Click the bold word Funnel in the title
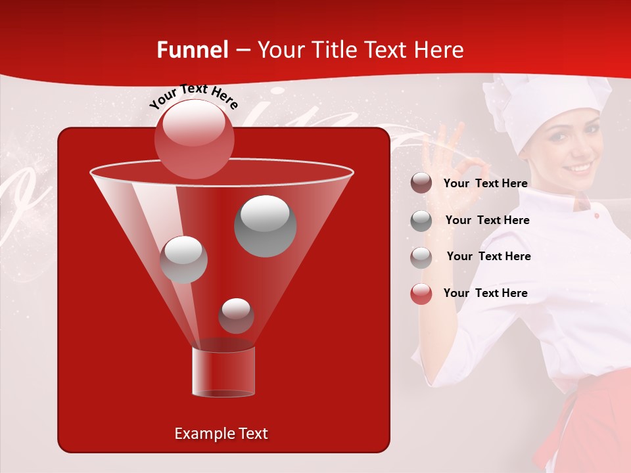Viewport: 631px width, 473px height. (x=192, y=50)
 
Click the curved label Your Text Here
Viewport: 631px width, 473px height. (x=194, y=97)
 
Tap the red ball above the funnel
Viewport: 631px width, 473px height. (x=194, y=139)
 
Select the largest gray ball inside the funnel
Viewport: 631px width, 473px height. (x=265, y=225)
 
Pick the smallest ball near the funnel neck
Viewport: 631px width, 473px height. (x=236, y=315)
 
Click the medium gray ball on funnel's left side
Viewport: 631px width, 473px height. (x=183, y=259)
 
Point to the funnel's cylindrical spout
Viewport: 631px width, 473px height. (x=223, y=372)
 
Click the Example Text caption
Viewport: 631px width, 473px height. (x=222, y=434)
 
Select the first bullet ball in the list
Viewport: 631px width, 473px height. (x=421, y=183)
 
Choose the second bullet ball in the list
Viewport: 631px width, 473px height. (x=421, y=221)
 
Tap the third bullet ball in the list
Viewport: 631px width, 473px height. (x=421, y=257)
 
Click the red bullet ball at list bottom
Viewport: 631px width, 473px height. (x=421, y=294)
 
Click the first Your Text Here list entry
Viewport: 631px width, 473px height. (x=485, y=184)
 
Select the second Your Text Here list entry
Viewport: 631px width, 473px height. (x=487, y=220)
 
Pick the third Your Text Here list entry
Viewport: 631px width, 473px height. (x=488, y=256)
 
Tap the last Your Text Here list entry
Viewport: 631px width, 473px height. (x=485, y=293)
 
